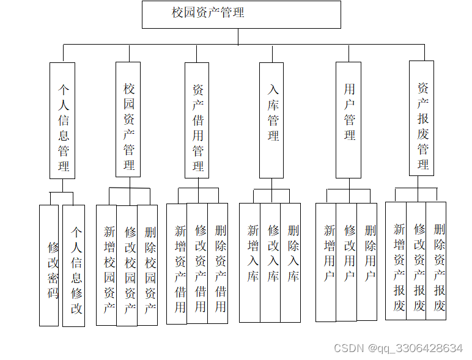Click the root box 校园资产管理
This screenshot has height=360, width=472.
(x=241, y=14)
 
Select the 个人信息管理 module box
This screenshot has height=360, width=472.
(x=62, y=120)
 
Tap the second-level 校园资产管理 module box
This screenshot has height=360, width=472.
(x=128, y=119)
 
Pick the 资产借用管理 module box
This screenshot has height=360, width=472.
(x=197, y=120)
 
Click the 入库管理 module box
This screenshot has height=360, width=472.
(x=271, y=120)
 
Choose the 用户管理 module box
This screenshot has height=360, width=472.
(x=348, y=120)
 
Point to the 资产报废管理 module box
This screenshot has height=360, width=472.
(x=422, y=119)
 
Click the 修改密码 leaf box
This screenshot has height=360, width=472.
(x=49, y=265)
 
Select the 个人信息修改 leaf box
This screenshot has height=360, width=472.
(x=73, y=265)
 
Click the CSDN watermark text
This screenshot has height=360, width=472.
(x=398, y=348)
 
